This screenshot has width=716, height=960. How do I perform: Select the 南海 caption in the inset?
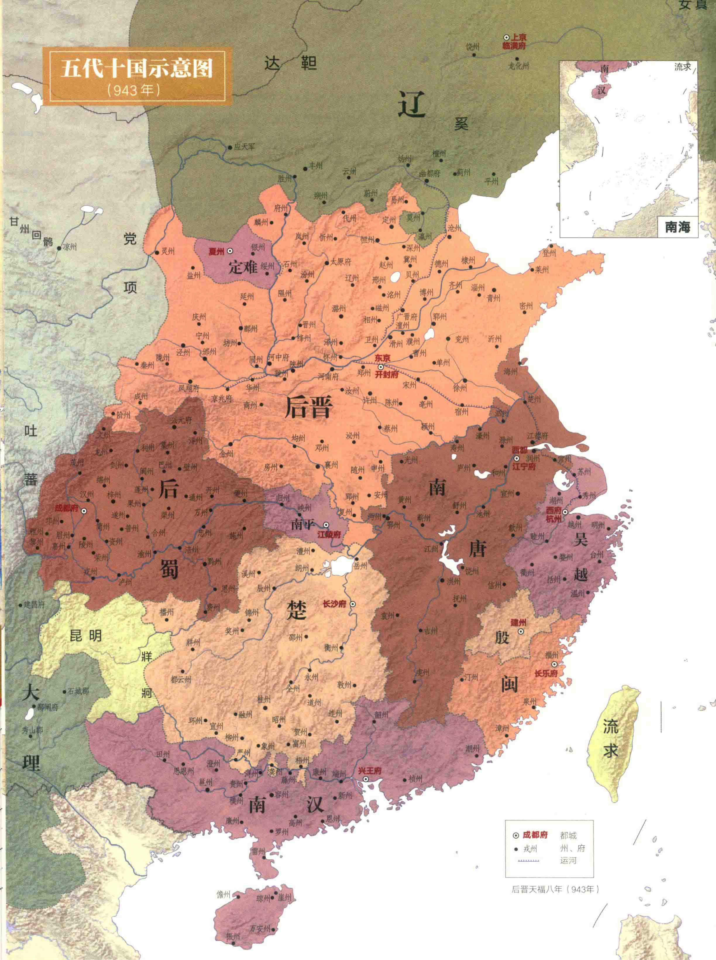677,227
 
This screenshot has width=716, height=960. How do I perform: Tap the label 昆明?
86,636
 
